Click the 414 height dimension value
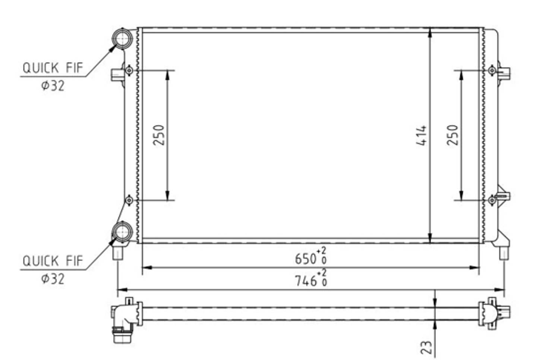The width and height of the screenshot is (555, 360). point(422,135)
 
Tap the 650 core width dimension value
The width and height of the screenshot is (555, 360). point(306,259)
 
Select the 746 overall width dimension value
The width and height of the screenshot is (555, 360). point(306,281)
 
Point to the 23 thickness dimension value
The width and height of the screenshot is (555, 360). point(426,347)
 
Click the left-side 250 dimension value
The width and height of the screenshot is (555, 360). point(159,135)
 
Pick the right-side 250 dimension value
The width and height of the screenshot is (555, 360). point(452,135)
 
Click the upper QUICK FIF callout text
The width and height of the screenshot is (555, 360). point(53,68)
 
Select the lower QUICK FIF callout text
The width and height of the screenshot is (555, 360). point(53,261)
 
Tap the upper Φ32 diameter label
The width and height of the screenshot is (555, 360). point(53,86)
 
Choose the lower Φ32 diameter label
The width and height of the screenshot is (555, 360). point(53,279)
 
